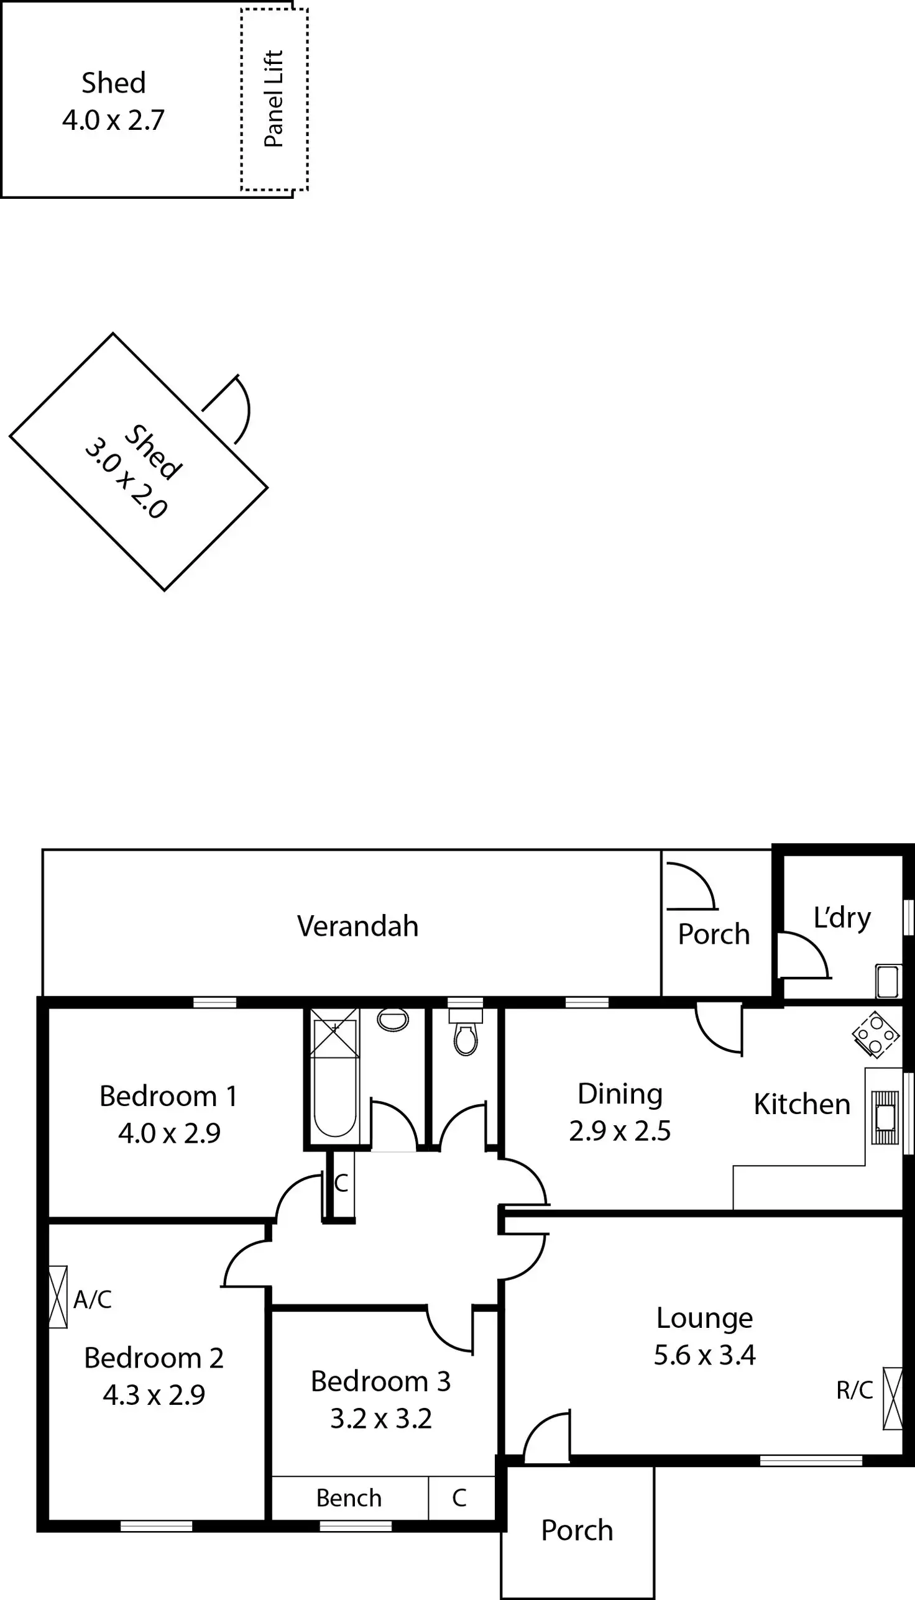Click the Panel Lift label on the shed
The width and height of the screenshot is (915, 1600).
tap(274, 99)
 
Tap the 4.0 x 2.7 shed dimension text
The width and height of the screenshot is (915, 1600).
tap(113, 120)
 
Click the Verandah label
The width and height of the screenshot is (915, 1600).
tap(357, 926)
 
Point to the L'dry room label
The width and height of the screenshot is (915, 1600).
tap(842, 918)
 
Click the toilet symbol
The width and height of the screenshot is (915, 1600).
tap(465, 1038)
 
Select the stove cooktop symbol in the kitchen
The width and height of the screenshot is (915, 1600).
tap(875, 1034)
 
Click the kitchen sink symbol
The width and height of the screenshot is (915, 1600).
tap(885, 1117)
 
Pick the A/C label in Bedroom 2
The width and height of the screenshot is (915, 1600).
tap(93, 1299)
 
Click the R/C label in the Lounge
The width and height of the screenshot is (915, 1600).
tap(855, 1390)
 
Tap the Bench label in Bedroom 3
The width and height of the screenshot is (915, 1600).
tap(349, 1498)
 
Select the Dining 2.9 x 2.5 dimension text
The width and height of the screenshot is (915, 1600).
tap(620, 1131)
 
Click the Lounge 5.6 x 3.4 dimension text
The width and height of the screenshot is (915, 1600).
tap(704, 1355)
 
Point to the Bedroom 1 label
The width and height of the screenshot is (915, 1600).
tap(168, 1096)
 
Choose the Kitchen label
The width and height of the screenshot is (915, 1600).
tap(802, 1104)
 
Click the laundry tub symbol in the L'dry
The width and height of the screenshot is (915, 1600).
tap(888, 982)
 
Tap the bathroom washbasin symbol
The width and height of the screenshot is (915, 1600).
tap(393, 1020)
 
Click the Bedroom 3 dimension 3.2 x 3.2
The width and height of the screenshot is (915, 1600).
tap(381, 1419)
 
